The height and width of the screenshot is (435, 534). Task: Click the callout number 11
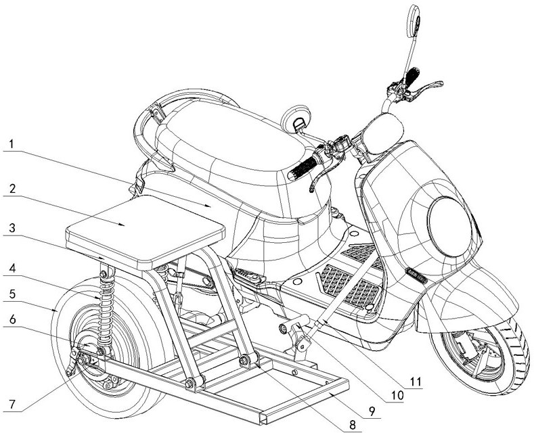click(414, 382)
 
